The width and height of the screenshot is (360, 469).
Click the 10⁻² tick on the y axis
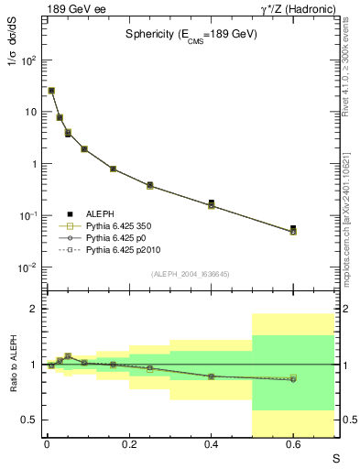[x=27, y=267]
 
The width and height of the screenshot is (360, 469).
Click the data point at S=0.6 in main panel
[x=293, y=229]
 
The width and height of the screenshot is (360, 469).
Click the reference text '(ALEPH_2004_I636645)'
[x=190, y=274]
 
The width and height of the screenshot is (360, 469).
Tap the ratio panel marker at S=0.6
[x=293, y=378]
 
